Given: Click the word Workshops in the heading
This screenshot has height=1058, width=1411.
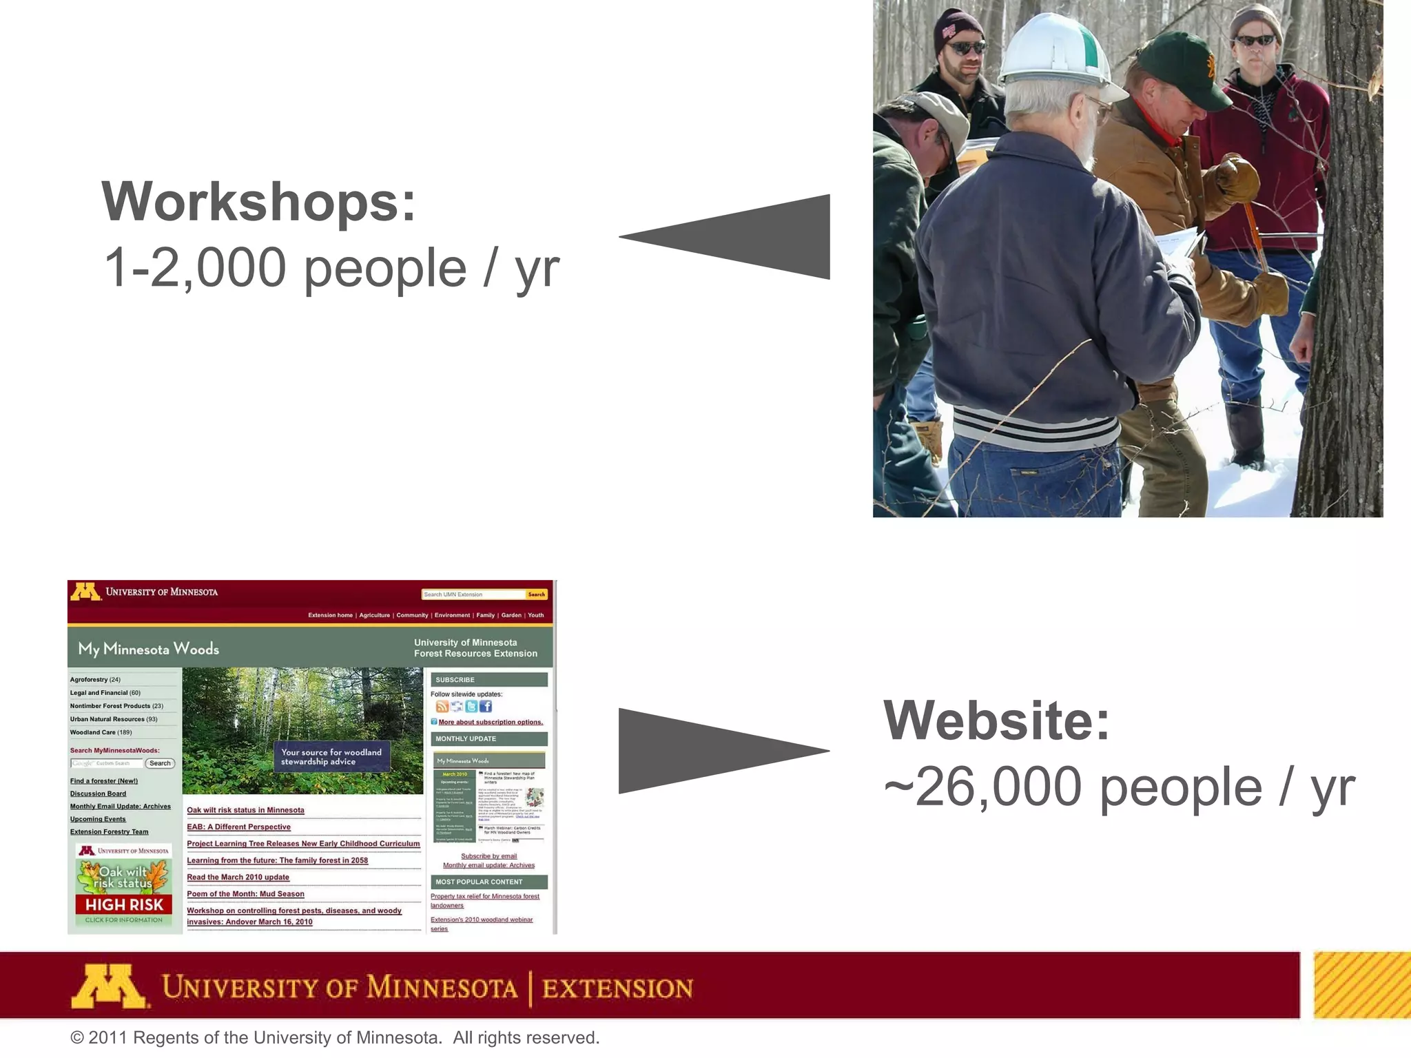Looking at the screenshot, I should coord(258,202).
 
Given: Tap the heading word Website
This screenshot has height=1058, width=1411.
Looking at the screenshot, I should coord(996,720).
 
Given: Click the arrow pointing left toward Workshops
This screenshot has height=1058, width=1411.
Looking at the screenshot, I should coord(744,237).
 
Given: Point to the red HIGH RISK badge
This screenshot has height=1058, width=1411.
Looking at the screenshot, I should coord(124,904).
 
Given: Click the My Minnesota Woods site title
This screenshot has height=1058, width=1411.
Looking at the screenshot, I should coord(148,649).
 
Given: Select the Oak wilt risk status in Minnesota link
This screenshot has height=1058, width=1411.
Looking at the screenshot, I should coord(245,810).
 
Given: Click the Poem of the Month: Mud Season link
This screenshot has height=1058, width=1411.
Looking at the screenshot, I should coord(245,894).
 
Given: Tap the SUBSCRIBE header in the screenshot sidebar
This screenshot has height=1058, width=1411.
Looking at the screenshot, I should coord(455,680).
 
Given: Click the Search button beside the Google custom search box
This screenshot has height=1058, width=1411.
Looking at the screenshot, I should coord(160,763).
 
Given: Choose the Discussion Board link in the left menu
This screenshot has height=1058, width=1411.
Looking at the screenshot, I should coord(98,793).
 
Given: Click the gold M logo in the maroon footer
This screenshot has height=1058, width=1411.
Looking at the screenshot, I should coord(109,986).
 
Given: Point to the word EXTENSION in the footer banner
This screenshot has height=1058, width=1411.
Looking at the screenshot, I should coord(617,988).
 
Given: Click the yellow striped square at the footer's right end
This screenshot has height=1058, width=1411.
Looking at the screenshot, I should coord(1361,985).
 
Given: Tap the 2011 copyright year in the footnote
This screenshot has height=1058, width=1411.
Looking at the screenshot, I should coord(108,1038).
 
